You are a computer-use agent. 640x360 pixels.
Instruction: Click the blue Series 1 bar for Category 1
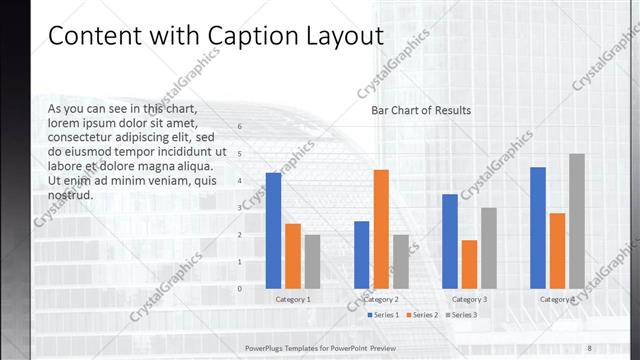pyautogui.click(x=273, y=231)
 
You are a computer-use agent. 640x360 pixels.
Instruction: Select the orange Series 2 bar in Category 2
pyautogui.click(x=381, y=229)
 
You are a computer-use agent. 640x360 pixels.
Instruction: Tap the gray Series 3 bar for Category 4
pyautogui.click(x=577, y=221)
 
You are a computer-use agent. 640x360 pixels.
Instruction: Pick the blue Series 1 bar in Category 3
pyautogui.click(x=450, y=241)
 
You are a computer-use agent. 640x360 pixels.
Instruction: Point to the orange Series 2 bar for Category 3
pyautogui.click(x=469, y=264)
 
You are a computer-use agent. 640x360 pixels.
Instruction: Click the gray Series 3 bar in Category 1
pyautogui.click(x=312, y=261)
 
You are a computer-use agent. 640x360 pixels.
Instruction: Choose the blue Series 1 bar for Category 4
pyautogui.click(x=538, y=228)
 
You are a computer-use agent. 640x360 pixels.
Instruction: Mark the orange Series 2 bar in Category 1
pyautogui.click(x=293, y=256)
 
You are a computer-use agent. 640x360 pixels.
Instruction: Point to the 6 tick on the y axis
pyautogui.click(x=240, y=127)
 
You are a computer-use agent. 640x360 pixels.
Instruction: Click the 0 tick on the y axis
pyautogui.click(x=240, y=288)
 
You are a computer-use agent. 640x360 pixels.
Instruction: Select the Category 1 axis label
pyautogui.click(x=293, y=299)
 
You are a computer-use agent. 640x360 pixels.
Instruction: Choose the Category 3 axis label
pyautogui.click(x=469, y=299)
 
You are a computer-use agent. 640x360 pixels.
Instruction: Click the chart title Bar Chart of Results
pyautogui.click(x=421, y=110)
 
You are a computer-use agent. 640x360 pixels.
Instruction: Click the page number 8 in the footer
pyautogui.click(x=590, y=347)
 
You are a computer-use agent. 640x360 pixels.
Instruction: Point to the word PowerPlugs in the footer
pyautogui.click(x=268, y=347)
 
